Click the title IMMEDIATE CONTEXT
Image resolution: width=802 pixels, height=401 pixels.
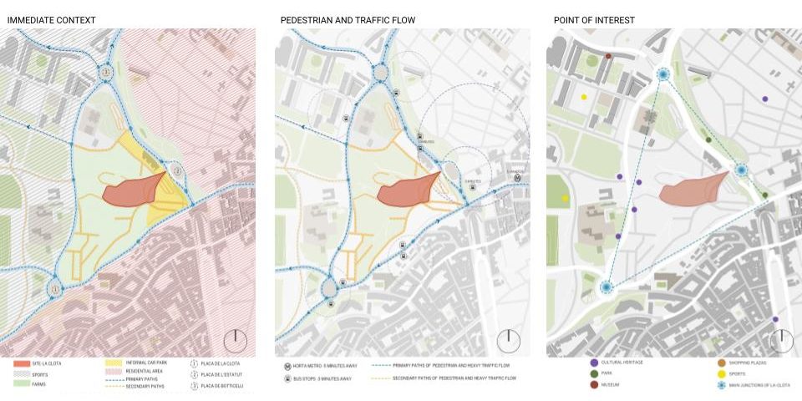(x=51, y=19)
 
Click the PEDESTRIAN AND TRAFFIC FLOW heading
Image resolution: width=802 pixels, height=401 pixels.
(x=348, y=19)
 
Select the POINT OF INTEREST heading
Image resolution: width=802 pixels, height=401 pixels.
(x=593, y=19)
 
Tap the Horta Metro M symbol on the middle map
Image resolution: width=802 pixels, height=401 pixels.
(x=518, y=178)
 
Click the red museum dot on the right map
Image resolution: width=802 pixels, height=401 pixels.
(x=608, y=57)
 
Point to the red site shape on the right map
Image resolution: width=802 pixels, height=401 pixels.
(x=693, y=190)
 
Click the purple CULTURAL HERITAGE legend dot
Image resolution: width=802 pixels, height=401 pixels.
(x=594, y=363)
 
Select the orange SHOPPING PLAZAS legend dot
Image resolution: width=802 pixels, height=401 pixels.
(x=721, y=363)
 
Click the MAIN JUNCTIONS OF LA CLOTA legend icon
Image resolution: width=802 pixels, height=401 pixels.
(x=721, y=385)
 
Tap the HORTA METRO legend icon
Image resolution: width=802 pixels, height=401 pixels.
(x=288, y=366)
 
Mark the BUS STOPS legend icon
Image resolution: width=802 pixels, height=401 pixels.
(x=288, y=378)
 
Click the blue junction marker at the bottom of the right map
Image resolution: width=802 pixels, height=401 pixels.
(x=607, y=287)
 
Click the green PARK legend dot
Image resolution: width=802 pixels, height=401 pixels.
(x=594, y=373)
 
